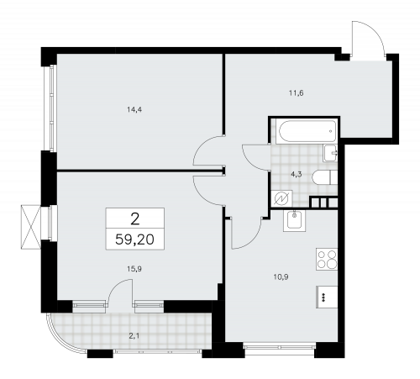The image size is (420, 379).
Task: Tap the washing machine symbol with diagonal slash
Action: click(x=283, y=198)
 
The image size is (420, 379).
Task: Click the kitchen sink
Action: click(x=295, y=221)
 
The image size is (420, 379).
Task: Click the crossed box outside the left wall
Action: click(x=30, y=225)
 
